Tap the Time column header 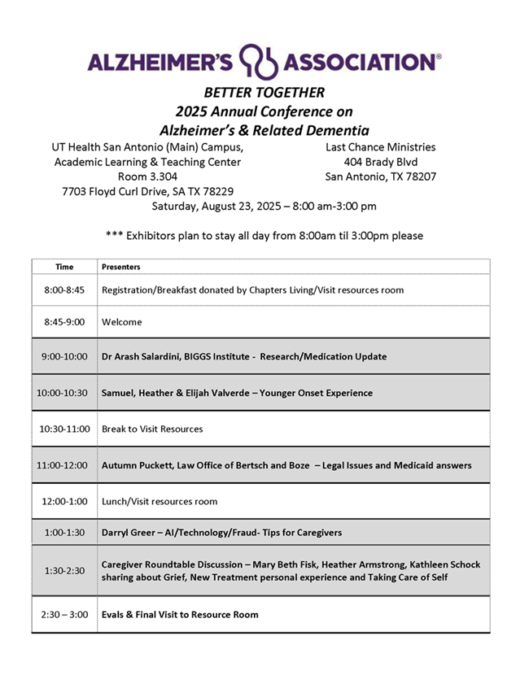pos(64,266)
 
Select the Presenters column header pos(120,266)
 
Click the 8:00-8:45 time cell pos(64,290)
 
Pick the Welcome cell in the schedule pos(122,322)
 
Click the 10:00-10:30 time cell pos(64,393)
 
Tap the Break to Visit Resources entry pos(152,429)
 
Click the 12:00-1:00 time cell pos(64,501)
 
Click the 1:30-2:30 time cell pos(64,571)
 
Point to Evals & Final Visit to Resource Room pos(180,614)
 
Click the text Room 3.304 pos(147,176)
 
